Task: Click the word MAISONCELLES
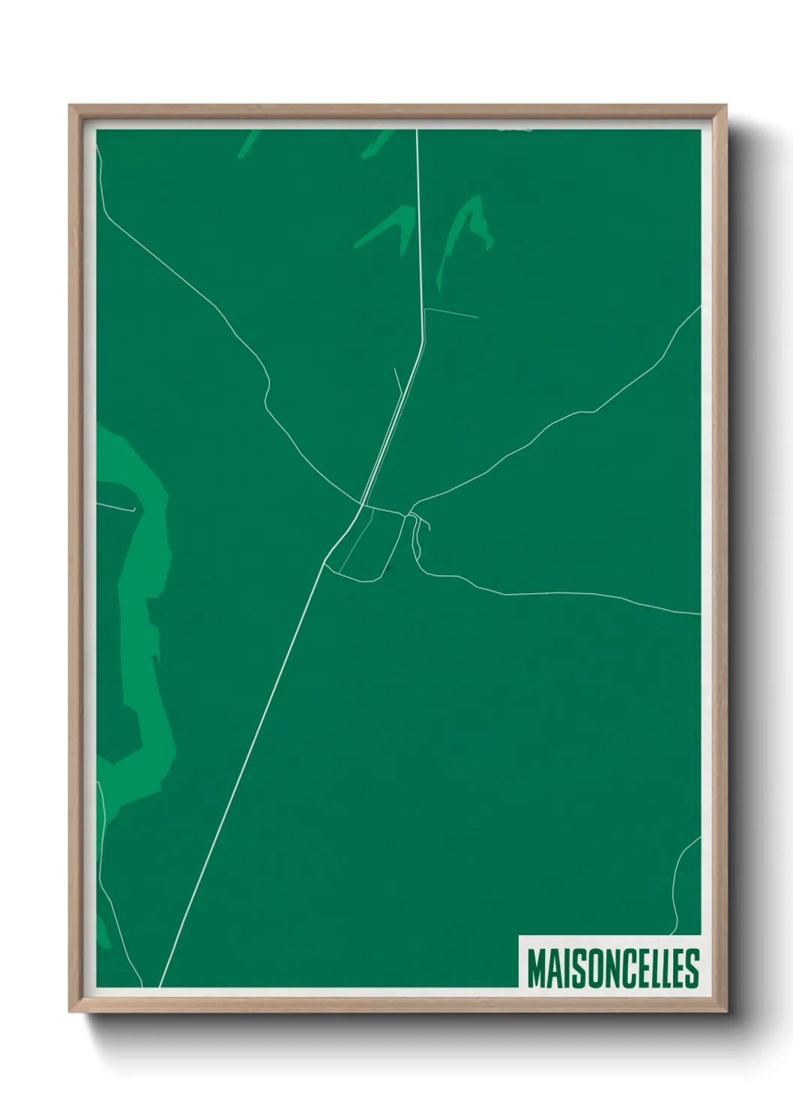[x=612, y=968]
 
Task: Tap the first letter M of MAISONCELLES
[x=537, y=968]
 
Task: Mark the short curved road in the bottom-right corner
[x=679, y=877]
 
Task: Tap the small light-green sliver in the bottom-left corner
[x=102, y=930]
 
